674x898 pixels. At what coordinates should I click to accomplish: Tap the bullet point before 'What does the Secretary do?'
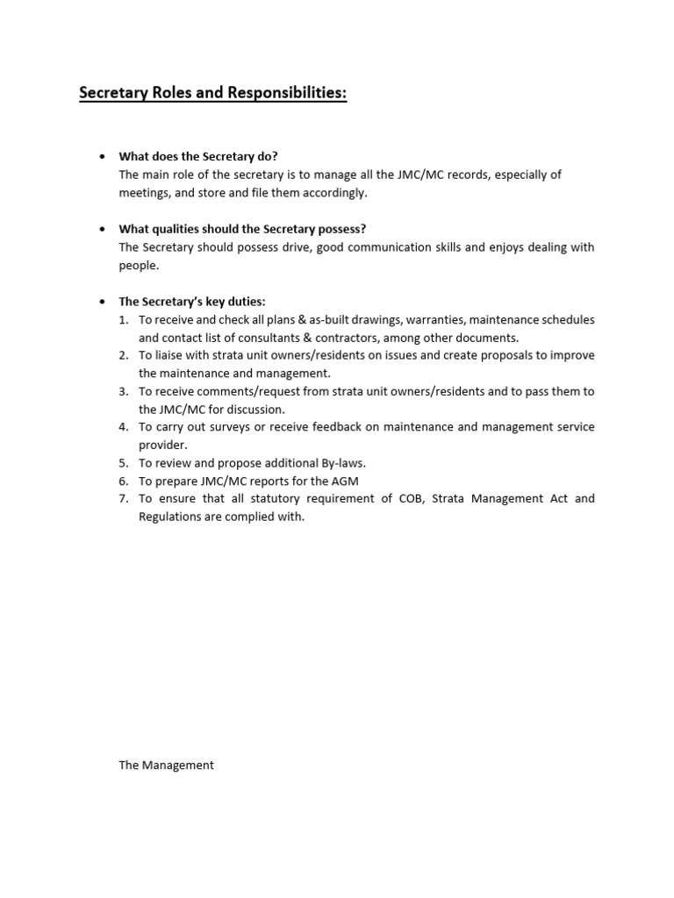103,157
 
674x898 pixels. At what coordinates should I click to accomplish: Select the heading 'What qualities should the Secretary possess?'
242,229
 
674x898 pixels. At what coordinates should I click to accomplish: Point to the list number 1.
124,319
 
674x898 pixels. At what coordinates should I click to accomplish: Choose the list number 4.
124,427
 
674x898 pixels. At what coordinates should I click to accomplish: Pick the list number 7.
124,498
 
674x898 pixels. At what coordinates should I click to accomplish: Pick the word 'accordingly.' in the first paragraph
335,193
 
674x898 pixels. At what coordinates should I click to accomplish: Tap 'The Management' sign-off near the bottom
166,765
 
